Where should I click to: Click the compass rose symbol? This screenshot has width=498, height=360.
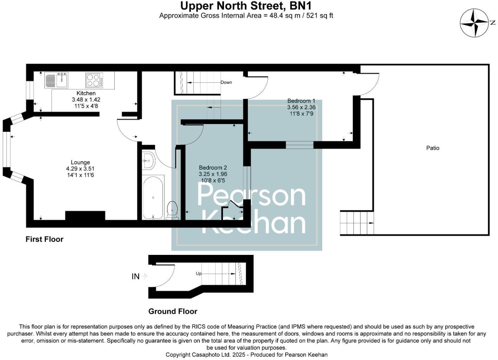(475, 23)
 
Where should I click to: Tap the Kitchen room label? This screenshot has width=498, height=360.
(86, 93)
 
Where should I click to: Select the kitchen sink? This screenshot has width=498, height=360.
(62, 80)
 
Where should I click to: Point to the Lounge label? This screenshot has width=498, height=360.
(80, 162)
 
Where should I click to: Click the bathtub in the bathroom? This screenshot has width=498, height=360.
(153, 198)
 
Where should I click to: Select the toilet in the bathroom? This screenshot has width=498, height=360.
(172, 209)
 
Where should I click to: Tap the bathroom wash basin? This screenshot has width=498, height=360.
(148, 161)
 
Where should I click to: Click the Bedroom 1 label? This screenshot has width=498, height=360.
(301, 101)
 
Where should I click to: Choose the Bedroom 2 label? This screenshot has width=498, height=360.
(213, 168)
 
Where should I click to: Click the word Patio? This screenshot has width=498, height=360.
(433, 148)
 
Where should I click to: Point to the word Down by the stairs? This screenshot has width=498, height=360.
(226, 82)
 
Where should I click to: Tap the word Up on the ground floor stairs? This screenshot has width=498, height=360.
(199, 274)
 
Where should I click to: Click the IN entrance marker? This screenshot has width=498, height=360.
(135, 277)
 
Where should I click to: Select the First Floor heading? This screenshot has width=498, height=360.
(44, 239)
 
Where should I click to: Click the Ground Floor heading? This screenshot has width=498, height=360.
(173, 311)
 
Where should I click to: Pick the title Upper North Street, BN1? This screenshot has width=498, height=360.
(246, 6)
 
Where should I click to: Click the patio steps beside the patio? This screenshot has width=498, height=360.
(356, 223)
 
